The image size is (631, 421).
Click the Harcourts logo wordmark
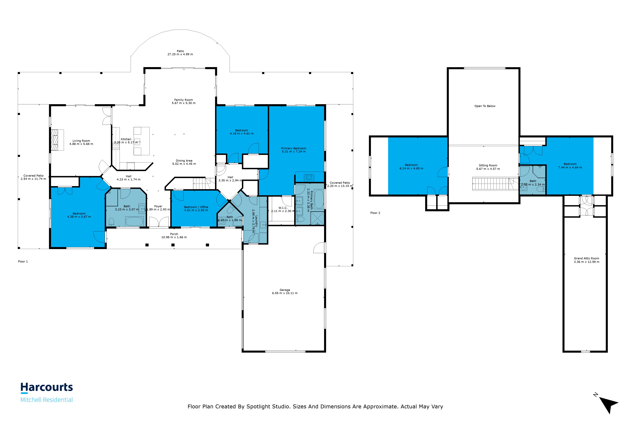(x=47, y=387)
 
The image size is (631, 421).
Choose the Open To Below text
(x=485, y=106)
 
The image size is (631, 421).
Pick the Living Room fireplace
(x=57, y=140)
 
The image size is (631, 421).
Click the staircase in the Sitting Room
(x=495, y=184)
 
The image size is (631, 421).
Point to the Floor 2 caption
(x=375, y=213)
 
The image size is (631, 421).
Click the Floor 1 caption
(x=23, y=262)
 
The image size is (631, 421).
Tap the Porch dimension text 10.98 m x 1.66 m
(x=174, y=237)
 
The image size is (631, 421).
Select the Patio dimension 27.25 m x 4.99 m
(x=180, y=54)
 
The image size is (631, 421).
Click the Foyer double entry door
(x=159, y=222)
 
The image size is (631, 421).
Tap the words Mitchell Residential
(x=47, y=400)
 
